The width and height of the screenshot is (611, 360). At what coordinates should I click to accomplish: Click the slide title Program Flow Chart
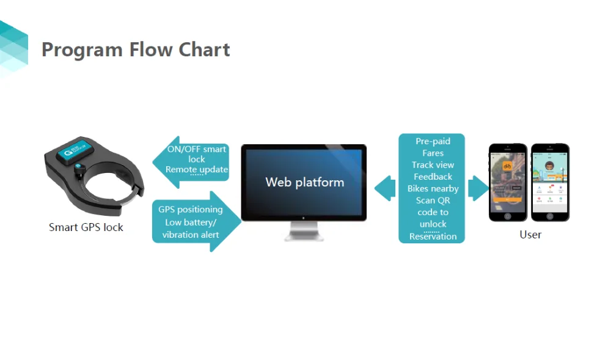click(x=136, y=50)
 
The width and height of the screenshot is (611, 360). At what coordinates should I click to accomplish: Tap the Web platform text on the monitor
click(x=304, y=182)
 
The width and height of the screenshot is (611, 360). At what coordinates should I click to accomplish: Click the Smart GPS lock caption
click(x=86, y=227)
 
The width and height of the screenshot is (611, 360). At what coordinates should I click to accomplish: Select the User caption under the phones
click(x=530, y=234)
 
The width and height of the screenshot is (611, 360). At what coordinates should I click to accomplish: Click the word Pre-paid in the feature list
click(x=433, y=141)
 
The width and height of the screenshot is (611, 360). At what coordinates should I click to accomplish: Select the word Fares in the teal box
click(x=433, y=153)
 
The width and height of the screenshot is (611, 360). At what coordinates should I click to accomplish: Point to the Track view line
click(x=433, y=165)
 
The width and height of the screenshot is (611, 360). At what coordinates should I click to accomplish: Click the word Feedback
click(x=433, y=177)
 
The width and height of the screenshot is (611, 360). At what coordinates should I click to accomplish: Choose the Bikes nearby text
click(x=433, y=189)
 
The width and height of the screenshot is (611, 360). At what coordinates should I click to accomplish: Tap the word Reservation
click(x=433, y=237)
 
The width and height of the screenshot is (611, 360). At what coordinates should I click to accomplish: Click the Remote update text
click(x=197, y=169)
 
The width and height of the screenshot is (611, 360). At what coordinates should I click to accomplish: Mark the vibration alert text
click(x=191, y=235)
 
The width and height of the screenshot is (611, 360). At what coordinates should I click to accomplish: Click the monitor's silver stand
click(x=304, y=230)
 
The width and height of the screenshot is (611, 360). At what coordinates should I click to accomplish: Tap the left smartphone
click(x=507, y=182)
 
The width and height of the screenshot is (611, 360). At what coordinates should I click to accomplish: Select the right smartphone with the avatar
click(x=549, y=182)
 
